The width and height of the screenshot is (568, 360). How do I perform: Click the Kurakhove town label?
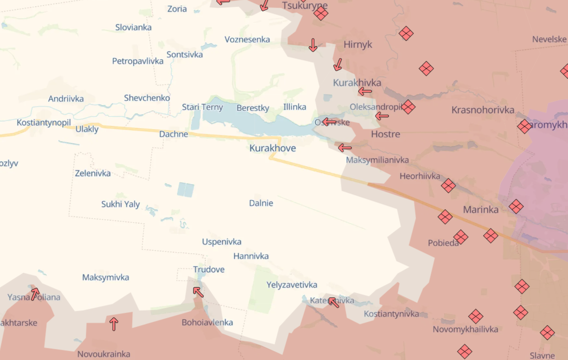[272, 148]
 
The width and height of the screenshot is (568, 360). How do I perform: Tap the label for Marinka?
[480, 210]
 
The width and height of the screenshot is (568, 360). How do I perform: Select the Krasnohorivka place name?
[483, 110]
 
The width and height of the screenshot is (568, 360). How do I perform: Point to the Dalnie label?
[261, 203]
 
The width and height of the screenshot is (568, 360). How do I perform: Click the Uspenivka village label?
[221, 241]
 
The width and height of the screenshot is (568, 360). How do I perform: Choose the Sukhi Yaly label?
[121, 204]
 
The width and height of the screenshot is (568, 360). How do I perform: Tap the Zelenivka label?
[93, 173]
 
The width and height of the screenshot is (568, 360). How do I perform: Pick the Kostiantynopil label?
[44, 122]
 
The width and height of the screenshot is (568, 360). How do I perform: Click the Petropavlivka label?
[137, 61]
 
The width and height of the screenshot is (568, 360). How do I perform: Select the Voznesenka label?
[247, 39]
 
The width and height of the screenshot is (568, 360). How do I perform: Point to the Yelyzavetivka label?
[292, 285]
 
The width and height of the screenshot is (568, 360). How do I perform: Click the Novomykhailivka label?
[465, 329]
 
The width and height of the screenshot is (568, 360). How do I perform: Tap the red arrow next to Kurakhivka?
[365, 91]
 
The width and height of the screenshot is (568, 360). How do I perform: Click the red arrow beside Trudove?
[198, 292]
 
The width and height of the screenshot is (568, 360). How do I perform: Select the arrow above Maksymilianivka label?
[344, 147]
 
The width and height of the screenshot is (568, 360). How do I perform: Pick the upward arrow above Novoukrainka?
[114, 323]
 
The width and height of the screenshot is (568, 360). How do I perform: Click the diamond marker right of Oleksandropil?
[408, 107]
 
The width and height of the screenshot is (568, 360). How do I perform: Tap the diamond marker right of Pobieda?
[460, 237]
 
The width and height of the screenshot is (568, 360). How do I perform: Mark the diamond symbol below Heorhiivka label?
[448, 186]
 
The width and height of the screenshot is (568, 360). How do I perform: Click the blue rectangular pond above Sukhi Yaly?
[186, 189]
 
